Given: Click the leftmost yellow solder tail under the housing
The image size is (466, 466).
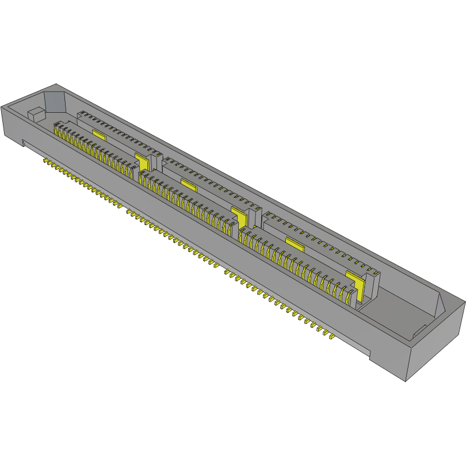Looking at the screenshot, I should click(45, 161).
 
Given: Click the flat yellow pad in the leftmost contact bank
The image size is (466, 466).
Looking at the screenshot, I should click(99, 135).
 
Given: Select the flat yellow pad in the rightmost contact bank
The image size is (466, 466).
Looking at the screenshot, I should click(295, 244).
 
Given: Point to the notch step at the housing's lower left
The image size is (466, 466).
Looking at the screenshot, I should click(22, 142).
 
